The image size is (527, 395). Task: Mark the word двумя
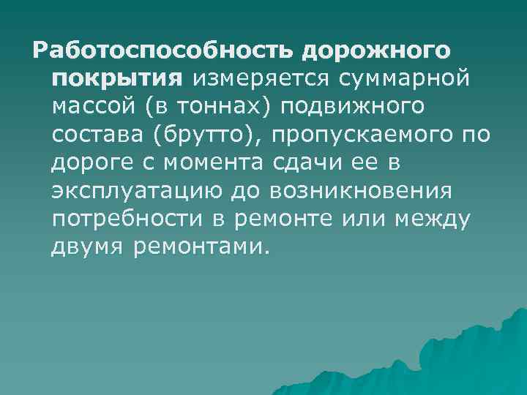88,247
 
